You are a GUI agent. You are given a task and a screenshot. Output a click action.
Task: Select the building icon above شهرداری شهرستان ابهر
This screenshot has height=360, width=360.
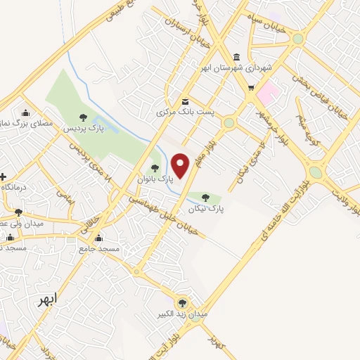(236, 57)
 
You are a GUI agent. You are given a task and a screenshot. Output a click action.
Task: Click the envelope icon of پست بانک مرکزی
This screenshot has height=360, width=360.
(185, 101)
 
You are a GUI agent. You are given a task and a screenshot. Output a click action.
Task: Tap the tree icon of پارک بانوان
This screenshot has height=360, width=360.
(155, 167)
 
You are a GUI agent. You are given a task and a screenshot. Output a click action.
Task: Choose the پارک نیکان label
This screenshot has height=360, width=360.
(205, 209)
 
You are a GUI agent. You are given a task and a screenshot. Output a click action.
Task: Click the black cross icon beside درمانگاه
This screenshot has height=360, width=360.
(4, 176)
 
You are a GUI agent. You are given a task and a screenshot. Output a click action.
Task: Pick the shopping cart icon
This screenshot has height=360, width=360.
(251, 88)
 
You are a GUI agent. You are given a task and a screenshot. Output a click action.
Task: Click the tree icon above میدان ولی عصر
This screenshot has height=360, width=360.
(19, 212)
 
